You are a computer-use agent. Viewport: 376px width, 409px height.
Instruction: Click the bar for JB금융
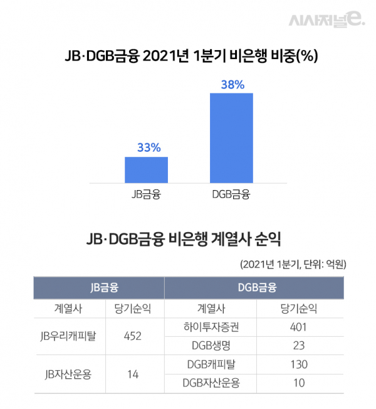(146, 169)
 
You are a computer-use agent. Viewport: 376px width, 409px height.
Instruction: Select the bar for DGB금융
(231, 138)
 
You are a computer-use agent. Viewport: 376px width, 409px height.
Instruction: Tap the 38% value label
(232, 84)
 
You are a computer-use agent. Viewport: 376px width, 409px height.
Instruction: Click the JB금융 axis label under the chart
(147, 194)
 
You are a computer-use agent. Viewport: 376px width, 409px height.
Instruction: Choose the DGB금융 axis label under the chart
(231, 194)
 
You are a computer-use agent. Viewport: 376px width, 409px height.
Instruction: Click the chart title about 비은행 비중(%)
(188, 56)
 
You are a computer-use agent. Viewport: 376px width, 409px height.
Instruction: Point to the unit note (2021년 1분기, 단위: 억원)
(293, 264)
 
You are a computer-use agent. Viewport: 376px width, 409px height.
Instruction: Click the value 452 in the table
(132, 336)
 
